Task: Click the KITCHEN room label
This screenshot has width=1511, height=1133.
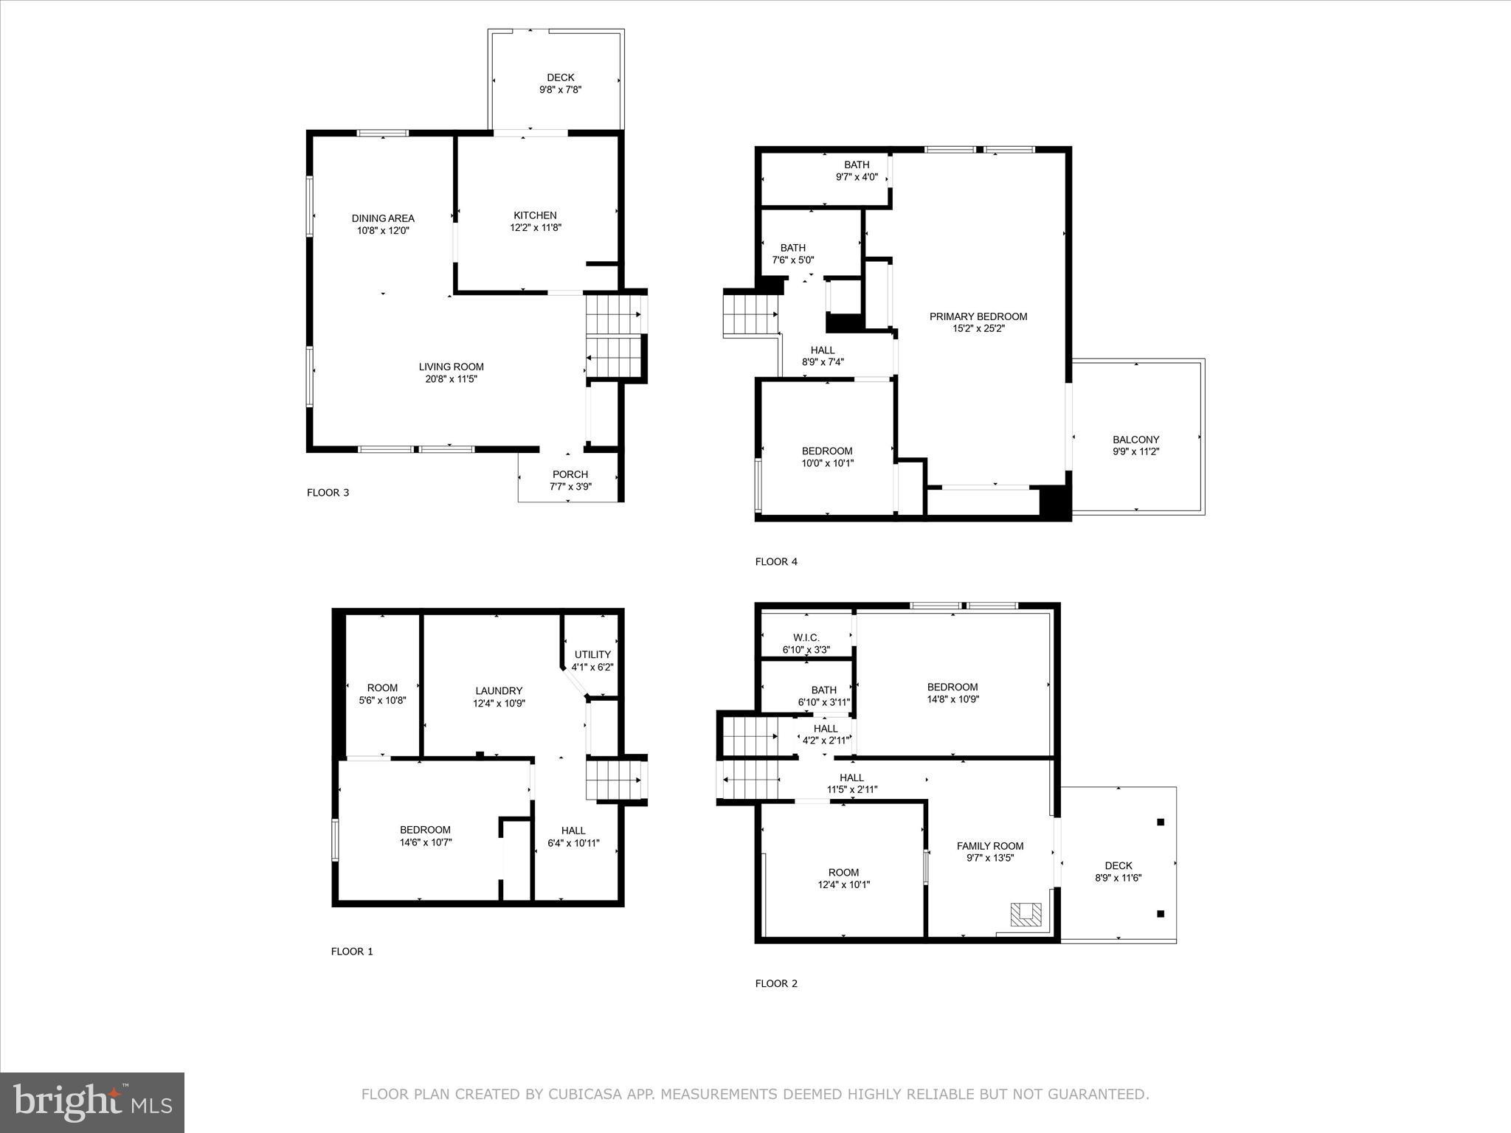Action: [535, 215]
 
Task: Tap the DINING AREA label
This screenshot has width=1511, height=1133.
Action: [383, 218]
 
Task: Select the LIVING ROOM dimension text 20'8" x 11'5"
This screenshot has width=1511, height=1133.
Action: [451, 379]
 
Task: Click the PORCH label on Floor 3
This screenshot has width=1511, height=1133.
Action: [570, 474]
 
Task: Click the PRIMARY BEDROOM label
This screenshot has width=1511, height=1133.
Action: [978, 316]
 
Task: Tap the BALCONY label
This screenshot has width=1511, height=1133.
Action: [1135, 440]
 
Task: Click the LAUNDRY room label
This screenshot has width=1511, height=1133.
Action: [499, 691]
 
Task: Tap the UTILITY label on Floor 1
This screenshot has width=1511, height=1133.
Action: [592, 654]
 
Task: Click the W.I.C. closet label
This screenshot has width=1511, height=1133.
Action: [806, 637]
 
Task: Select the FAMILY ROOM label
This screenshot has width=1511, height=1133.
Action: [990, 846]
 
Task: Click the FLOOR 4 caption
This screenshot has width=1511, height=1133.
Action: [776, 561]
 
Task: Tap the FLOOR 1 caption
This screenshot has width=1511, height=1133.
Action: [352, 952]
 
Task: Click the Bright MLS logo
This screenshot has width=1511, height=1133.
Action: [92, 1102]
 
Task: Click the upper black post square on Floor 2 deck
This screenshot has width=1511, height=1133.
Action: [1161, 822]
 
